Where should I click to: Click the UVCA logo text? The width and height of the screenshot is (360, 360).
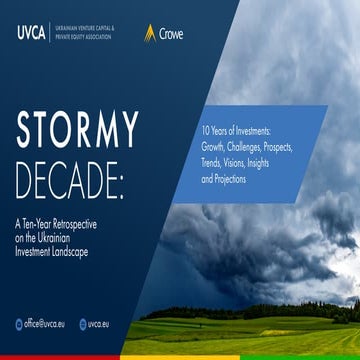[30, 31]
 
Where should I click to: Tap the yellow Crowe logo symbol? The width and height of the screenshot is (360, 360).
[150, 31]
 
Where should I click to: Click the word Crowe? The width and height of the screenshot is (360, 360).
[171, 32]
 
